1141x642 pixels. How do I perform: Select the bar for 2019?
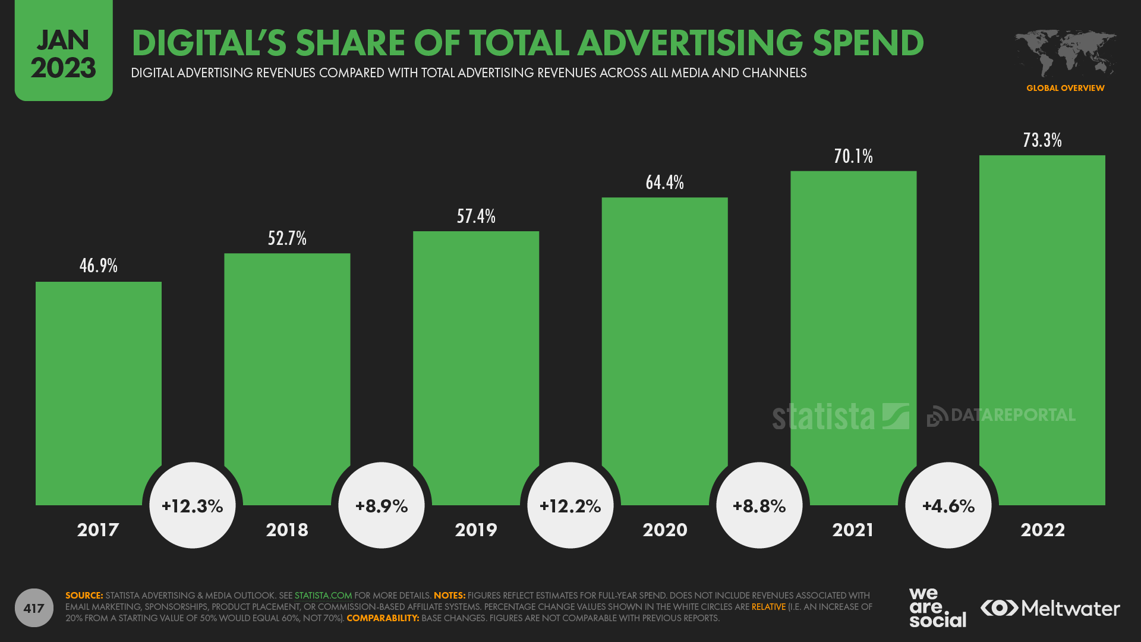[475, 357]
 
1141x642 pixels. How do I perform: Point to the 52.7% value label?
[287, 238]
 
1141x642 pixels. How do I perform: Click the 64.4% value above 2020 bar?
[664, 182]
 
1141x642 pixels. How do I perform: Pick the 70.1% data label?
[853, 156]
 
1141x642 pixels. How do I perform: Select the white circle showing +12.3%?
[193, 506]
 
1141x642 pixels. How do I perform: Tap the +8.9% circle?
[382, 506]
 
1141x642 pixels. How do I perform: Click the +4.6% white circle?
[948, 506]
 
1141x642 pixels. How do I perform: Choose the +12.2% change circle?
[570, 506]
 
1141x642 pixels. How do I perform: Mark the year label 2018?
[287, 530]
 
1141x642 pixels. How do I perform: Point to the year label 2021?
[853, 530]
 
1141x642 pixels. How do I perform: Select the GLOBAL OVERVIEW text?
[1065, 88]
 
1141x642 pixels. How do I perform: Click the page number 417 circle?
[34, 608]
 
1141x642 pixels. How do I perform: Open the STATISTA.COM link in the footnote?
[323, 596]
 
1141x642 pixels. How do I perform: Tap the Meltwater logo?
[1050, 608]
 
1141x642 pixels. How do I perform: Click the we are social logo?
[937, 608]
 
